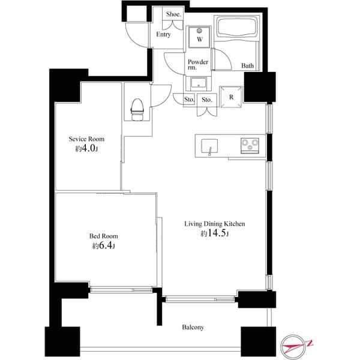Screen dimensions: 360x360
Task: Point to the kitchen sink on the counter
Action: (210, 146)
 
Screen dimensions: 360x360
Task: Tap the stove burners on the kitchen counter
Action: (250, 144)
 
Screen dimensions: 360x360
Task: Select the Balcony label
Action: (193, 328)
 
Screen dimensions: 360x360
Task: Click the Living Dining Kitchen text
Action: (215, 224)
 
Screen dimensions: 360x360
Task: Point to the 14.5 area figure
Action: (214, 233)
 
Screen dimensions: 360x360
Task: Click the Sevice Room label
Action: (90, 139)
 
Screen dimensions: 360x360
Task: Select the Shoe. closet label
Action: (173, 14)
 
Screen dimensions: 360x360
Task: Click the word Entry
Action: (163, 35)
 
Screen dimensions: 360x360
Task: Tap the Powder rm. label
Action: (197, 65)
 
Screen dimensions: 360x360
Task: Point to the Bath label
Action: (247, 66)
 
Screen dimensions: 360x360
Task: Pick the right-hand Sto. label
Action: (207, 100)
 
